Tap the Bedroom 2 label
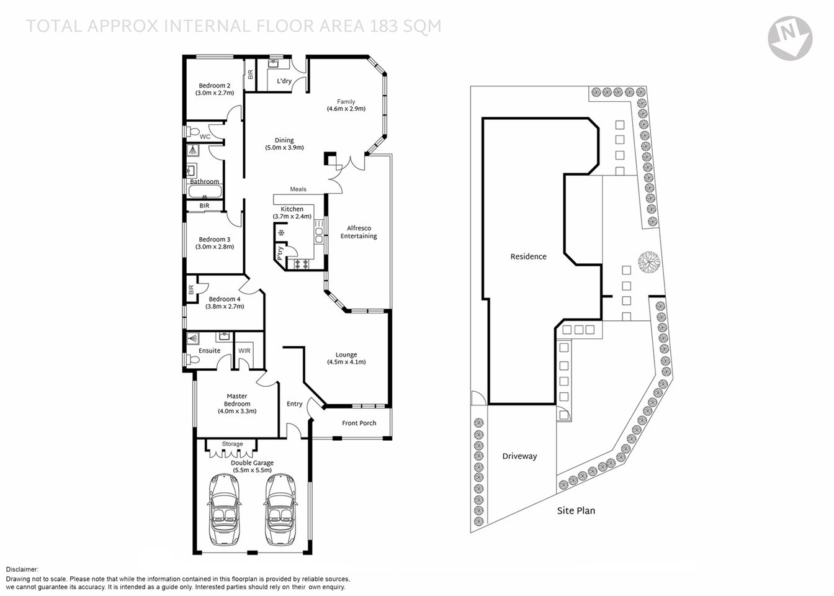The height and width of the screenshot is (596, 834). pos(215,86)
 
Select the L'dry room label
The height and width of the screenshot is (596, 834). pos(284,81)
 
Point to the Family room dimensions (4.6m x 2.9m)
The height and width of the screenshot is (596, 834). pos(346,109)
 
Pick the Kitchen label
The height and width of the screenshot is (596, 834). pos(292,209)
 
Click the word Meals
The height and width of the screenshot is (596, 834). pos(298,189)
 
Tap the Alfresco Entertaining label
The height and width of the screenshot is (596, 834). pos(359,232)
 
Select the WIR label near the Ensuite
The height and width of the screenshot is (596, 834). pos(245,351)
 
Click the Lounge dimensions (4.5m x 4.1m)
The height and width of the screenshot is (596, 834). pos(346,362)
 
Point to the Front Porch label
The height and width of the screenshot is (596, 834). pos(359,423)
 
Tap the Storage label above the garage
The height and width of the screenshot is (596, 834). pos(233,444)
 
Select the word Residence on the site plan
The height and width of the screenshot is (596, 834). pos(528,256)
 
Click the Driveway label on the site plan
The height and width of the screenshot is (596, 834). pos(519,456)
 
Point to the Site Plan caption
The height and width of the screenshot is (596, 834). pos(575,510)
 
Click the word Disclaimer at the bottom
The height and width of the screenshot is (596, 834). pos(22,569)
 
